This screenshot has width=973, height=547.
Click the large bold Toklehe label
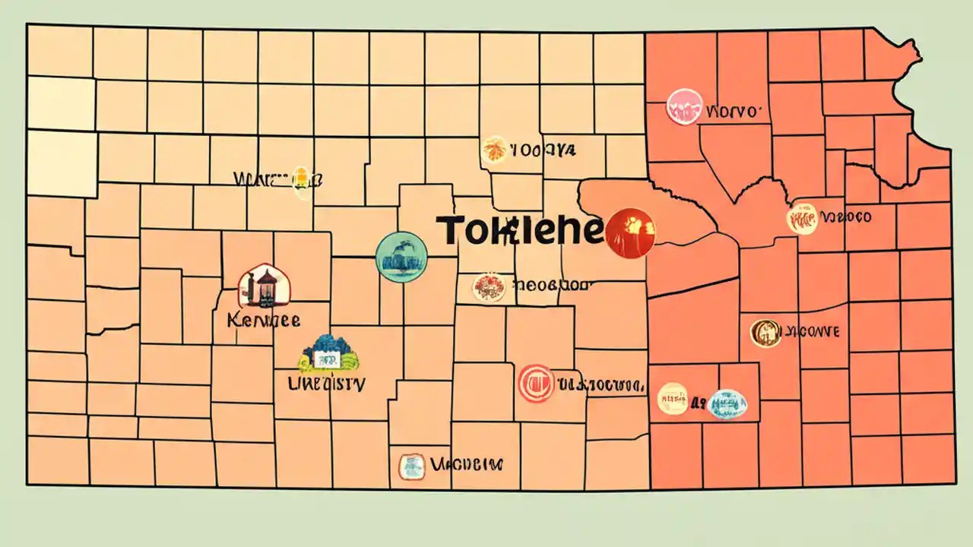(520, 229)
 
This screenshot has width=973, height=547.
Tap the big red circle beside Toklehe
(630, 232)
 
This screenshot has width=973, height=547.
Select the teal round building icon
(401, 257)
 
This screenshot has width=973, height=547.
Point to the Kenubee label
(263, 319)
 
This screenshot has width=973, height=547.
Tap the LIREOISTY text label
(327, 384)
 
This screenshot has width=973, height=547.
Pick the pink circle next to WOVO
(683, 107)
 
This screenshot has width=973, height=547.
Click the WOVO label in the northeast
(733, 112)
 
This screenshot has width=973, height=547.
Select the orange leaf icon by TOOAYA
(493, 150)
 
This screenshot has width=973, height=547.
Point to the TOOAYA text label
(543, 150)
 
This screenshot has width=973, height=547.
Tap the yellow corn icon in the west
(301, 180)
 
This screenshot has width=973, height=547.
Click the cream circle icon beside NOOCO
(802, 218)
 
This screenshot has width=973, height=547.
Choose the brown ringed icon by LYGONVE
(765, 333)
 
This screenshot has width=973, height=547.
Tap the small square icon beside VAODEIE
(411, 466)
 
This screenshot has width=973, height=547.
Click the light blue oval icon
(727, 404)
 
